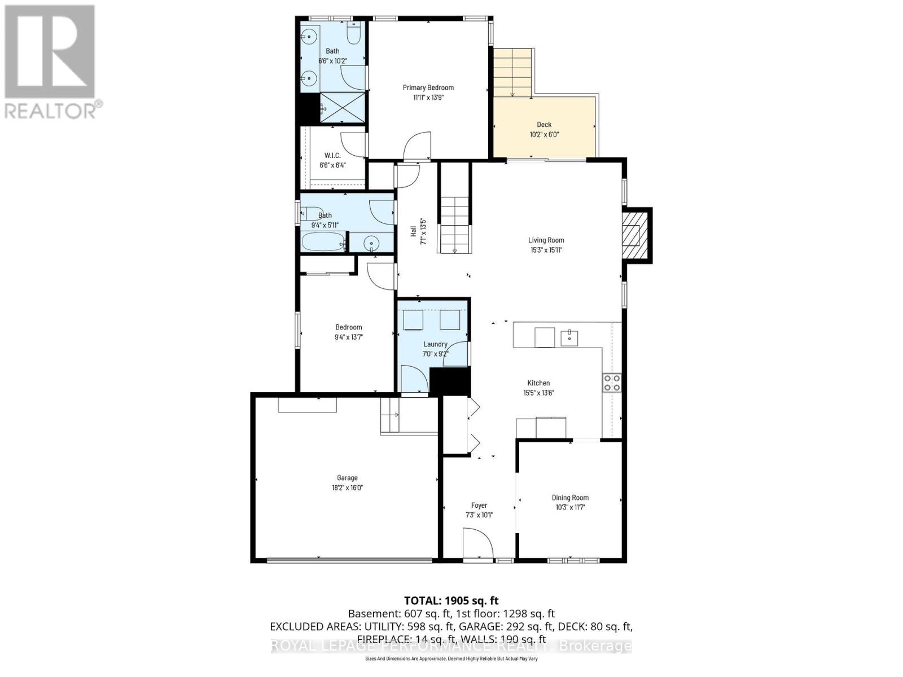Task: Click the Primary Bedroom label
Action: pos(428,87)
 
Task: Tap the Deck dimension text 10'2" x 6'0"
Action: pos(544,135)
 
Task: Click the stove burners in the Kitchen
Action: pos(612,383)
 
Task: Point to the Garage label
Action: pos(347,478)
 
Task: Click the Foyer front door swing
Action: pos(477,543)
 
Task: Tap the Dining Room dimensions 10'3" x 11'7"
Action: pos(570,507)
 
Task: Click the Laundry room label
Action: pos(435,344)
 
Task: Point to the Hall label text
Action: pos(413,232)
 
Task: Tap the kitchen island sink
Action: pos(569,337)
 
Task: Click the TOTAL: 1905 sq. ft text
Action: pos(451,601)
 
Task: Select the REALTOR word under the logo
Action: pos(50,110)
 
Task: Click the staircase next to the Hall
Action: pos(455,225)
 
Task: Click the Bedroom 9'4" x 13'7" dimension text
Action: pos(348,337)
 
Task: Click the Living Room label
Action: pos(546,240)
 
